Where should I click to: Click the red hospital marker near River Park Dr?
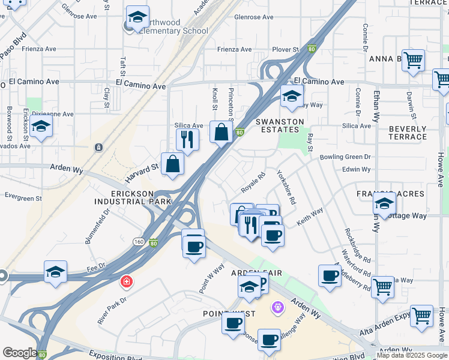pos(126,281)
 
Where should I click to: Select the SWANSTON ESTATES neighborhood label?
pos(277,125)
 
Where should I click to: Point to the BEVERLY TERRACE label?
pos(408,133)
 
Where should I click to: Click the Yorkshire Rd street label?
pos(286,187)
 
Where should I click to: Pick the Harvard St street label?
pos(142,172)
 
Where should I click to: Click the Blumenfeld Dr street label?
pos(98,226)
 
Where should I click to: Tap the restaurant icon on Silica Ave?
pos(188,140)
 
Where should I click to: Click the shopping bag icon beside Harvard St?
pos(172,164)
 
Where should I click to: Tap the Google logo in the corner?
pos(20,353)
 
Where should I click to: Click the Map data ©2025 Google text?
pos(412,355)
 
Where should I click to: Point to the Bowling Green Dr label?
pos(345,157)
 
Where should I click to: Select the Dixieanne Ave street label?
pos(53,114)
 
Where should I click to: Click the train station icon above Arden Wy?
pos(98,147)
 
